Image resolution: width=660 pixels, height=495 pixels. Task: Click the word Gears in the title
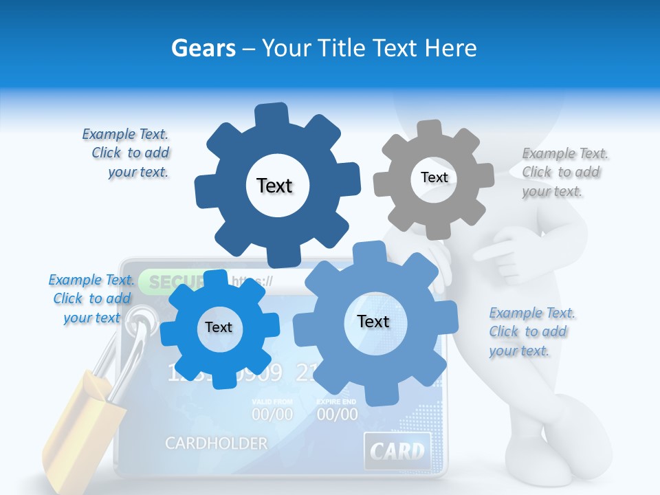click(203, 48)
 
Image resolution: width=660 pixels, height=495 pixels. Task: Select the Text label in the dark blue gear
click(274, 186)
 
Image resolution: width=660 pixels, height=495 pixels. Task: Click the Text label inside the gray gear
click(434, 177)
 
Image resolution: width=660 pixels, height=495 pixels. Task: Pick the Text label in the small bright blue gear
click(219, 327)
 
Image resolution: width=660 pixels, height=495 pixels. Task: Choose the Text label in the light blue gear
click(373, 321)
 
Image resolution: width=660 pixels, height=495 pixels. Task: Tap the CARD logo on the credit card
click(397, 451)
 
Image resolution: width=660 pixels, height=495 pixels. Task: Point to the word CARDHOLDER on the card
click(216, 443)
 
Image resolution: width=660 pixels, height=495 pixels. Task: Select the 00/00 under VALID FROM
click(272, 414)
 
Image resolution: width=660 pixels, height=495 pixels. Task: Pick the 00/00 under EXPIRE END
click(337, 414)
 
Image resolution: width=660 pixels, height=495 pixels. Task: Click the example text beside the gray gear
click(561, 173)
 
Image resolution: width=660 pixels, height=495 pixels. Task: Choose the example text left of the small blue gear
click(91, 298)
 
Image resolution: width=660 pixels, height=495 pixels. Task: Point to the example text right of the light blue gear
click(529, 331)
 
